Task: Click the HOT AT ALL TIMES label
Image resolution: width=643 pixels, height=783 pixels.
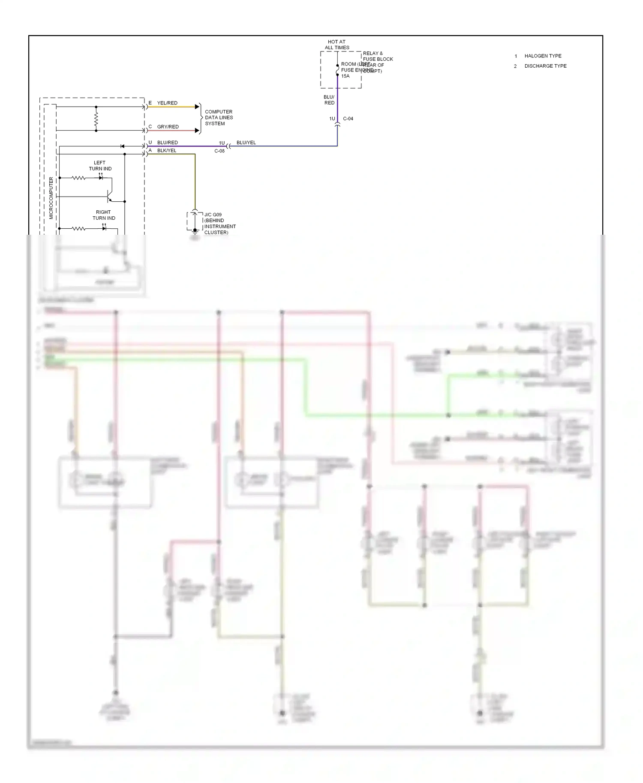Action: pos(337,45)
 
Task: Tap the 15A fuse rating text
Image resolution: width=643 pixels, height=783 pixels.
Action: pos(345,76)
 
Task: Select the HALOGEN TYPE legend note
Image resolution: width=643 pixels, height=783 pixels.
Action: pos(543,56)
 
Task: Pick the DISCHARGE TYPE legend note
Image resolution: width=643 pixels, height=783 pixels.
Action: pos(545,66)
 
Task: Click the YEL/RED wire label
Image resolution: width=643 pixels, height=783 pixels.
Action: pos(167,103)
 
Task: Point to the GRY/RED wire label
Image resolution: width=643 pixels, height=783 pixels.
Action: pos(168,127)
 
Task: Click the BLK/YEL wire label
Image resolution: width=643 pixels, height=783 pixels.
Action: pos(166,151)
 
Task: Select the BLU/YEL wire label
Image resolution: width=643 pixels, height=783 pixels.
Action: pos(246,143)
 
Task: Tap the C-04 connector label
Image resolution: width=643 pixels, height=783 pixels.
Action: pos(348,119)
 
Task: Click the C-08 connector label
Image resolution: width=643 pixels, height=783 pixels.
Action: pos(219,151)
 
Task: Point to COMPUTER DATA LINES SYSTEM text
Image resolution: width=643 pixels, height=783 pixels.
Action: pos(219,117)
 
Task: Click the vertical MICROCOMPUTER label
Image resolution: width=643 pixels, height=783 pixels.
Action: pos(51,198)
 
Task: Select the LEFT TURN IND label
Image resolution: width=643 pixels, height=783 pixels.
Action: pos(100,166)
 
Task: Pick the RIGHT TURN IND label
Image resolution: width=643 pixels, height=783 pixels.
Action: pos(103,215)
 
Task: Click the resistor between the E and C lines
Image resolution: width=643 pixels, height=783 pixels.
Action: pos(96,119)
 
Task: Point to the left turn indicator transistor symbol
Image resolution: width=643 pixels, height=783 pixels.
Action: pos(110,197)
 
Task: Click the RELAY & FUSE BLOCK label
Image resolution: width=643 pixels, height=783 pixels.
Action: pos(377,57)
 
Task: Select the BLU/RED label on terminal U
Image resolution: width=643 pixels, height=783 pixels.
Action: pos(167,143)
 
